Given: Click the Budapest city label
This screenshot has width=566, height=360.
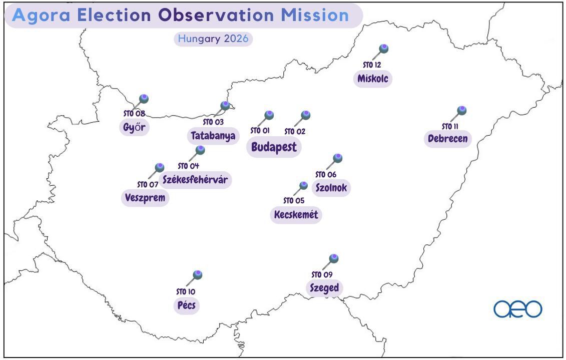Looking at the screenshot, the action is tap(274, 147).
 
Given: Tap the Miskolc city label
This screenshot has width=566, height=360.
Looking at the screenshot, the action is tap(372, 78).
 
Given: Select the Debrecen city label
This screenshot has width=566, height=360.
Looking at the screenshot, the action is tap(447, 138).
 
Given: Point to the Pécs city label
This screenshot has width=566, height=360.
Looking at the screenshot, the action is tap(186, 305).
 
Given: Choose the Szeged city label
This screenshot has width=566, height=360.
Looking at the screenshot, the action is tap(324, 288).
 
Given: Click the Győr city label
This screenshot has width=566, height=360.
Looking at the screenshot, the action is tap(134, 127).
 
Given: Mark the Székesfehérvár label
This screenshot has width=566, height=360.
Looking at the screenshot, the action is tap(195, 179).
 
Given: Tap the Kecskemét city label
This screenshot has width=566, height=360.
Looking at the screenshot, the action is tap(296, 214).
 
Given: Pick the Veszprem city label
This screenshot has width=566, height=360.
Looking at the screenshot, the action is tap(145, 197).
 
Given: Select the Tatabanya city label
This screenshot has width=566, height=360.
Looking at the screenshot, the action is tap(213, 136).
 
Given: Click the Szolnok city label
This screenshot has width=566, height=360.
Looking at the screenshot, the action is tap(331, 188).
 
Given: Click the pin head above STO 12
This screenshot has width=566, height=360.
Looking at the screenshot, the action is tap(384, 49).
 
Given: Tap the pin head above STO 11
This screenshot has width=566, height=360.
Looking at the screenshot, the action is tap(462, 111).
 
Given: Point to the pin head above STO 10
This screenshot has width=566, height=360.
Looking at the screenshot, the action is tap(198, 275).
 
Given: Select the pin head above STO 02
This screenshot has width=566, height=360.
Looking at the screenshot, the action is tap(306, 115).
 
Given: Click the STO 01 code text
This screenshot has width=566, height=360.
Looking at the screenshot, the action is tap(260, 130).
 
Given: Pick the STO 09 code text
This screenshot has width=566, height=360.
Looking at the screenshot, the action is tap(322, 274).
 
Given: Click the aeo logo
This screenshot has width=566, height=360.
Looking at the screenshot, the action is tap(517, 309).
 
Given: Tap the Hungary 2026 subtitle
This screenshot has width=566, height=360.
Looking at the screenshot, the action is tap(213, 39).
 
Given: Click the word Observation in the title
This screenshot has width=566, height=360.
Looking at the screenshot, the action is tap(216, 16).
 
